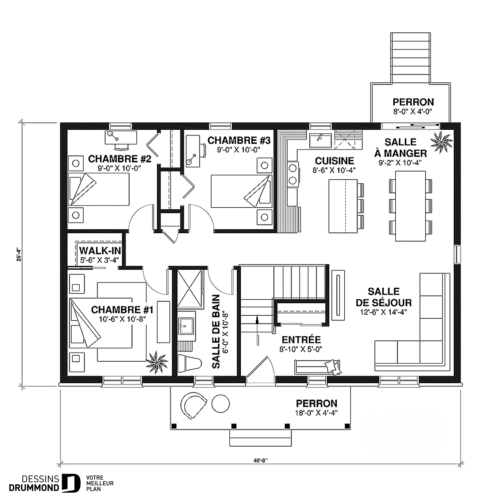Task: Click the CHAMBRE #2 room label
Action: tap(120, 159)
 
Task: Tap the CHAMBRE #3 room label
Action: tap(239, 140)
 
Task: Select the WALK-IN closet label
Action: tap(100, 250)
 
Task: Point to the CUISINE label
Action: tap(334, 161)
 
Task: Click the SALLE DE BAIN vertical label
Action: tap(216, 331)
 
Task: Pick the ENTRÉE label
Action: tap(301, 340)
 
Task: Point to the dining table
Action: tap(410, 206)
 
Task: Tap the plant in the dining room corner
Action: tap(441, 142)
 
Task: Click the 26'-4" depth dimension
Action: tap(19, 254)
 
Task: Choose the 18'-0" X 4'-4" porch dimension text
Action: tap(317, 413)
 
